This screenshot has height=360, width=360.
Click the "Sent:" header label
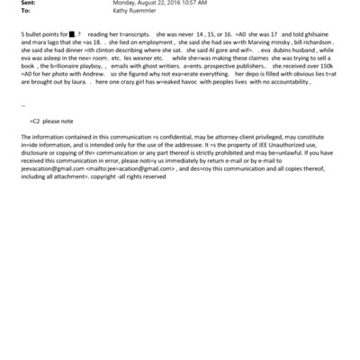[26, 3]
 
